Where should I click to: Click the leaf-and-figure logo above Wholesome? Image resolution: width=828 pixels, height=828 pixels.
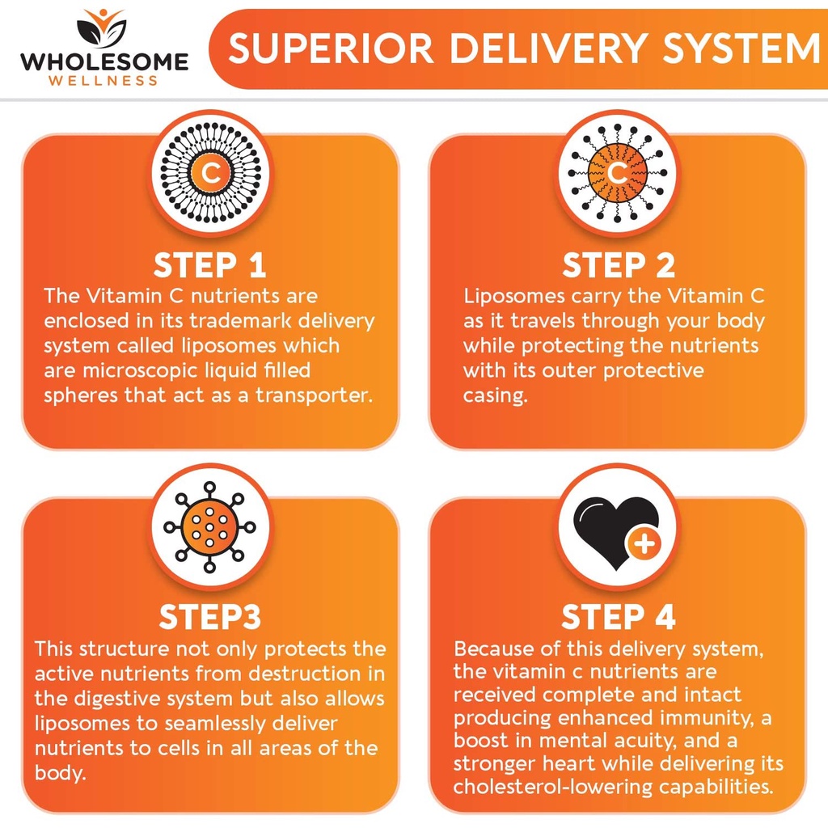[101, 28]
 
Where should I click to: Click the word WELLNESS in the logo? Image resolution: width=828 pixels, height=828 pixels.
[103, 81]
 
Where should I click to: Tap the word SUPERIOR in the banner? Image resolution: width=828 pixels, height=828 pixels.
[331, 49]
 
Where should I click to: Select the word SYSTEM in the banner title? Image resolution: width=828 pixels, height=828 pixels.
[741, 49]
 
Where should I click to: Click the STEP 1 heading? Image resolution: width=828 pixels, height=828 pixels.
[209, 264]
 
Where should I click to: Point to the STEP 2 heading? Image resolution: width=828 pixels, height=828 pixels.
[619, 264]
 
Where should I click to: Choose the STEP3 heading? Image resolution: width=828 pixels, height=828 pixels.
[209, 616]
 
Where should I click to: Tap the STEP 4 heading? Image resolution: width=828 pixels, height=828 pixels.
[619, 616]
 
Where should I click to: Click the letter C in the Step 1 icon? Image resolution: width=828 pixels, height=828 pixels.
[211, 173]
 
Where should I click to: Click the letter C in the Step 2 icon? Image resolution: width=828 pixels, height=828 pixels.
[617, 173]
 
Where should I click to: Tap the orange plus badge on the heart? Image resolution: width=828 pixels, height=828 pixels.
[644, 544]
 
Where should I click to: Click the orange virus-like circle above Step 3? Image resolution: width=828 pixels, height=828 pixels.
[209, 527]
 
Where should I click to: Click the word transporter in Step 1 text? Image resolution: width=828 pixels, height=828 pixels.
[315, 395]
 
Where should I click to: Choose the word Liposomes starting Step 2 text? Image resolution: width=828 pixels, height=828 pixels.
[514, 297]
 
